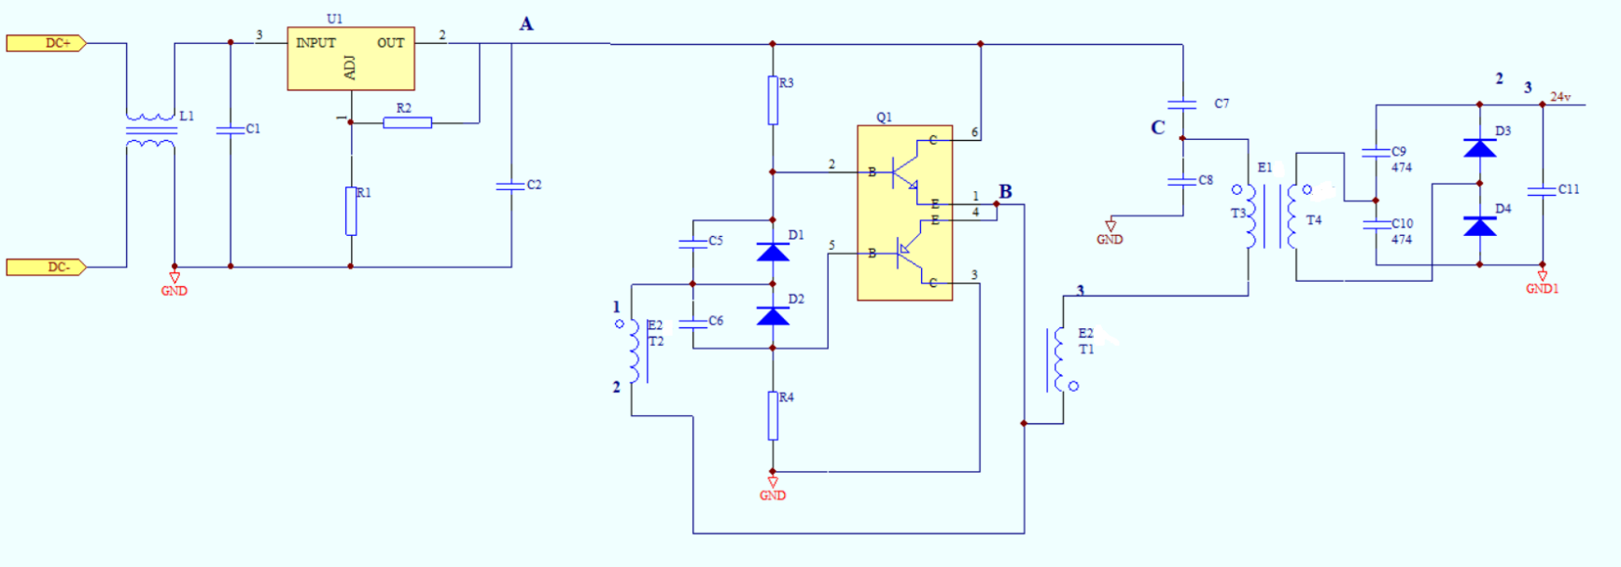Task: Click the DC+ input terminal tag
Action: click(x=47, y=43)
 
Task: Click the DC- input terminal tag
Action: click(x=47, y=268)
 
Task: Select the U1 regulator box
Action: click(x=351, y=58)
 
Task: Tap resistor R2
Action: click(x=407, y=122)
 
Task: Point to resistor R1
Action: click(x=351, y=211)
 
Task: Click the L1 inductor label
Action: click(x=187, y=116)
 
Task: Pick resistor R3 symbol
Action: click(x=773, y=101)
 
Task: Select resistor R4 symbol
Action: click(x=773, y=416)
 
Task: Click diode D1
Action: click(x=773, y=252)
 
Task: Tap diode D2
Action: click(x=773, y=316)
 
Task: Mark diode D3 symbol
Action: click(x=1479, y=147)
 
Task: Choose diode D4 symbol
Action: click(x=1479, y=226)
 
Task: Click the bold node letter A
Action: click(x=526, y=24)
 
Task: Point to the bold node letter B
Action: click(x=1005, y=191)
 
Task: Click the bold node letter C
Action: click(x=1158, y=128)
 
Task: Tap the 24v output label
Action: click(x=1560, y=97)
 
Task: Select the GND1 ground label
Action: click(x=1542, y=289)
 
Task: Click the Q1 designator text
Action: click(x=884, y=118)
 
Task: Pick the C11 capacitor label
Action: click(x=1569, y=189)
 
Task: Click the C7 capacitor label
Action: click(x=1222, y=104)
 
